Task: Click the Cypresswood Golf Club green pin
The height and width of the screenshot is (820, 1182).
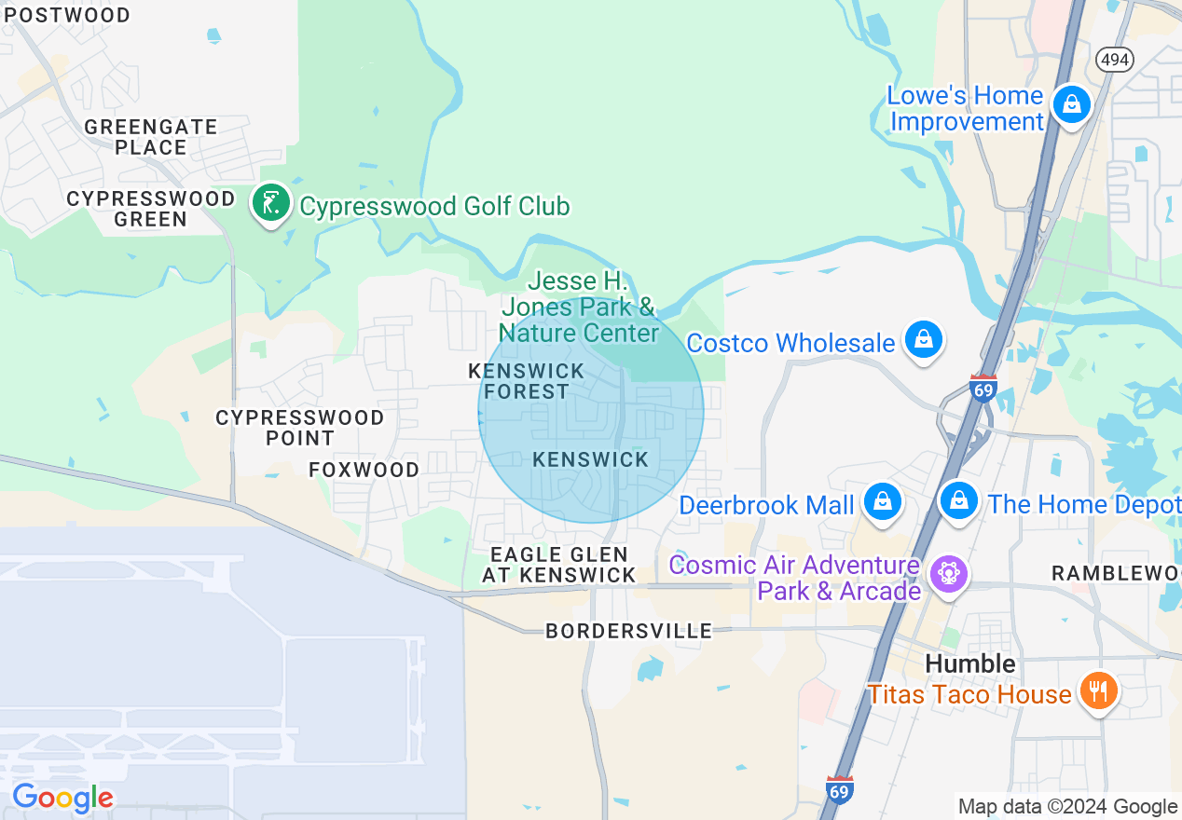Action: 271,203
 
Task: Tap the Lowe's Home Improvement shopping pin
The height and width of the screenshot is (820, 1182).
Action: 1072,105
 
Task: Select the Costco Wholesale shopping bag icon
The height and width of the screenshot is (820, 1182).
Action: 924,340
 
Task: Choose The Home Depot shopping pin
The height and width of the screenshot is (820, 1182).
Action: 958,501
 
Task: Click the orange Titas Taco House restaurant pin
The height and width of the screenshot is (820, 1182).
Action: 1100,691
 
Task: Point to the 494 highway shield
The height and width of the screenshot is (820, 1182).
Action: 1115,60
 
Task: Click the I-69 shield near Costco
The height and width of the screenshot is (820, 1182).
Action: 983,387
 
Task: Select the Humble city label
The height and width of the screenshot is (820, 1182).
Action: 970,663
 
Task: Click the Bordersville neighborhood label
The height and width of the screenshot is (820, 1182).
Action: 628,632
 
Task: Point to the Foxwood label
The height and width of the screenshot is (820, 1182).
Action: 364,470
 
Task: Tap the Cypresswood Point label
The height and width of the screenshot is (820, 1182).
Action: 300,428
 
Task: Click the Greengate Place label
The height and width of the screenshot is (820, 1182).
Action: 151,137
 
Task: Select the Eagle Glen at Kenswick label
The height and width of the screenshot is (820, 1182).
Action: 559,566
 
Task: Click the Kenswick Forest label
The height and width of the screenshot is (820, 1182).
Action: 527,381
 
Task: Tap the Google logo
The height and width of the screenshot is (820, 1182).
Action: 62,799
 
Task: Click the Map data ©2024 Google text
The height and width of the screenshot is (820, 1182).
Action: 1067,807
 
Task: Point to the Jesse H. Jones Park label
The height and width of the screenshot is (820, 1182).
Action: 578,307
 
